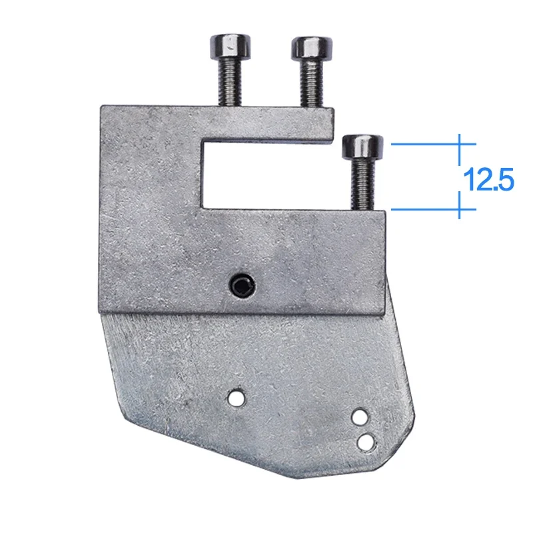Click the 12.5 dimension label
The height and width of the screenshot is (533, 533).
click(x=488, y=179)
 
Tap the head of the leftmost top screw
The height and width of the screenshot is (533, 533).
click(x=230, y=45)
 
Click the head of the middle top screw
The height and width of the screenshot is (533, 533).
click(x=312, y=47)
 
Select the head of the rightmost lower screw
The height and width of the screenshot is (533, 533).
click(x=362, y=147)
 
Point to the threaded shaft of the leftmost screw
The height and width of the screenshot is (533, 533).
click(x=231, y=81)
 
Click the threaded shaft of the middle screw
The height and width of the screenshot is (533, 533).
click(x=312, y=83)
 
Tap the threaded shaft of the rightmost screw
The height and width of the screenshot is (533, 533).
click(x=363, y=184)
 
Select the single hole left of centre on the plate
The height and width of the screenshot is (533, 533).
click(x=237, y=397)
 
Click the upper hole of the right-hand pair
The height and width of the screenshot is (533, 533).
click(x=359, y=417)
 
